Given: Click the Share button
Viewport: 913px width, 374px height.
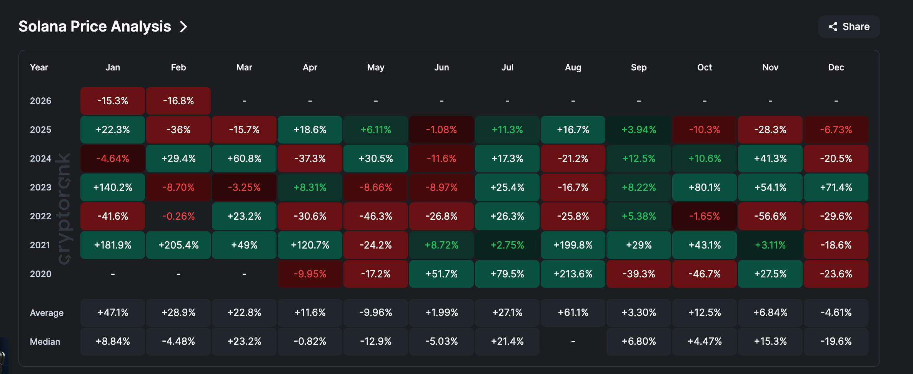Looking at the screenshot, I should [849, 27].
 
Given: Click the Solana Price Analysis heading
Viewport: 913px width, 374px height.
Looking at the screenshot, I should [95, 27].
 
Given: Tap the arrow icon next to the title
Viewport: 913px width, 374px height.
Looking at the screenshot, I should [184, 27].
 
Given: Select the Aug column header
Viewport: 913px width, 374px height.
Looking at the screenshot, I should [573, 67].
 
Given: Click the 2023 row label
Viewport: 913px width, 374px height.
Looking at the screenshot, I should [40, 187].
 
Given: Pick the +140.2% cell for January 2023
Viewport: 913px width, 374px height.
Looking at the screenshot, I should [113, 187].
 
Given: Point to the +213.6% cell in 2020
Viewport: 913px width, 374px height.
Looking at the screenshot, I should [573, 274].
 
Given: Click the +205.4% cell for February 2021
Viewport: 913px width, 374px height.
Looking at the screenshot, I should [178, 245].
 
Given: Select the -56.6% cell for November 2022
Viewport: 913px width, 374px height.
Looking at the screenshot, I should [770, 216].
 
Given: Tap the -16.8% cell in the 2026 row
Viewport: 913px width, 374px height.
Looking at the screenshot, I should [178, 101].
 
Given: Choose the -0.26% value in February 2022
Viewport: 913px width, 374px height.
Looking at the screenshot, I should [178, 216].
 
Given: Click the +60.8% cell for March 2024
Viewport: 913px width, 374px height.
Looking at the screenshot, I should [244, 159].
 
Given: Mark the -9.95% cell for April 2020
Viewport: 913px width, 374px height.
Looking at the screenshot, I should [310, 274].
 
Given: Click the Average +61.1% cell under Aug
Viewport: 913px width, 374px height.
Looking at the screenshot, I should [573, 312].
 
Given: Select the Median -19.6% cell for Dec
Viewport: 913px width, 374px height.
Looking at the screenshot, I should [836, 341].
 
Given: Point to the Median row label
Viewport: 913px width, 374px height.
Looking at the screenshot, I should [45, 342].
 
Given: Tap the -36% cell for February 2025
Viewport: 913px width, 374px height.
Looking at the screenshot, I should [178, 130].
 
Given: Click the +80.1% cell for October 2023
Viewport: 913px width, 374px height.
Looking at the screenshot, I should [704, 187].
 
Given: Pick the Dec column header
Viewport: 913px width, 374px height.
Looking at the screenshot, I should [836, 67].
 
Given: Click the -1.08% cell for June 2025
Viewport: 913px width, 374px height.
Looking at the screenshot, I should [441, 130].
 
